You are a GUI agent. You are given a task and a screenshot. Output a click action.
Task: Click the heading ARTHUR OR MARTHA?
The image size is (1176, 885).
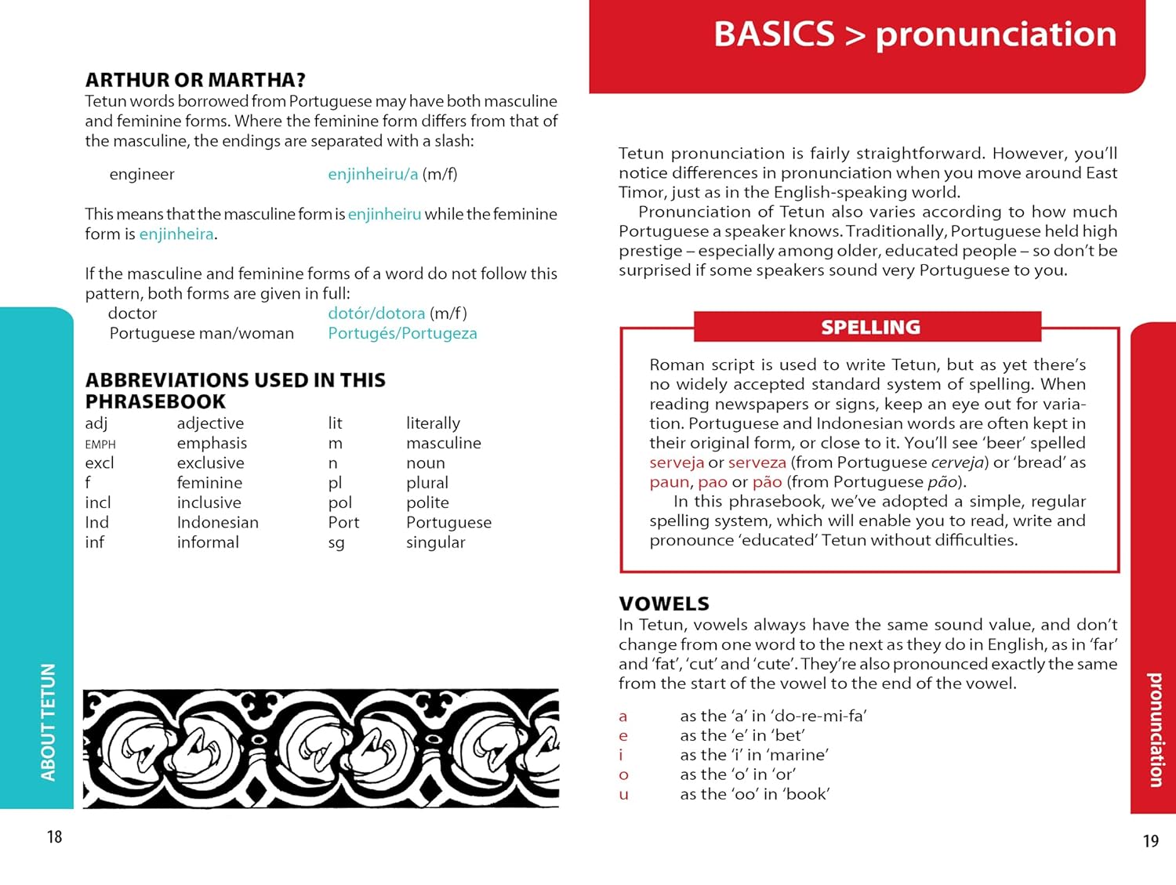pyautogui.click(x=195, y=80)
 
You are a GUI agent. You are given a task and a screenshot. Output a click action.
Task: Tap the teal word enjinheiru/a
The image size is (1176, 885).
pyautogui.click(x=372, y=174)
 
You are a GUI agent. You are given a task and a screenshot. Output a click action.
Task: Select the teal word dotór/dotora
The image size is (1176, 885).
pyautogui.click(x=376, y=314)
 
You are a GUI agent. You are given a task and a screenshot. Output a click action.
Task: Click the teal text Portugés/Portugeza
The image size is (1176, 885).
pyautogui.click(x=402, y=333)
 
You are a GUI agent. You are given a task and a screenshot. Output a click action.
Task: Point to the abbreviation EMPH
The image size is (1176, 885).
pyautogui.click(x=100, y=444)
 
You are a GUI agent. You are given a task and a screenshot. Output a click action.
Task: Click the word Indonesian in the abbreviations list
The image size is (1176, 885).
pyautogui.click(x=217, y=522)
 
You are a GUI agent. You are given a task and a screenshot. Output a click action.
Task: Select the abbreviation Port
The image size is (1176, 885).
pyautogui.click(x=343, y=522)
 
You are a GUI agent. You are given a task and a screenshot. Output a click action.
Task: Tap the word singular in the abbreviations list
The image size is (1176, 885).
pyautogui.click(x=435, y=542)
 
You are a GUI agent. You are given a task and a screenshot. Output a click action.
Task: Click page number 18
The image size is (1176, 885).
pyautogui.click(x=54, y=836)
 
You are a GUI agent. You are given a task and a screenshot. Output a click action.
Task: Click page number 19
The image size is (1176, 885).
pyautogui.click(x=1150, y=841)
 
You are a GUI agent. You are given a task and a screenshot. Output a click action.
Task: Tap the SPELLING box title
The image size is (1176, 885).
pyautogui.click(x=870, y=327)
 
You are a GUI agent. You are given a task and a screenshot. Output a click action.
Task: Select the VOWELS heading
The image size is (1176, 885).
pyautogui.click(x=663, y=604)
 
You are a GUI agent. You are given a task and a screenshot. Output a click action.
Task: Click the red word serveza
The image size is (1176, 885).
pyautogui.click(x=757, y=462)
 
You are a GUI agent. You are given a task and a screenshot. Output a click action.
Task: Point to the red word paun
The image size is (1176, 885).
pyautogui.click(x=669, y=482)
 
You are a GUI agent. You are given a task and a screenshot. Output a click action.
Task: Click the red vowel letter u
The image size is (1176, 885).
pyautogui.click(x=623, y=794)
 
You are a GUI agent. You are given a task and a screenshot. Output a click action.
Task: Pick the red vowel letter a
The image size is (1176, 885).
pyautogui.click(x=622, y=716)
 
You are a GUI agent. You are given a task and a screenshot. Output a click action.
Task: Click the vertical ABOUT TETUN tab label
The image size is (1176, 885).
pyautogui.click(x=48, y=722)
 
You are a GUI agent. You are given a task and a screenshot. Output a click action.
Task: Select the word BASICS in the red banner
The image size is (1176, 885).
pyautogui.click(x=774, y=34)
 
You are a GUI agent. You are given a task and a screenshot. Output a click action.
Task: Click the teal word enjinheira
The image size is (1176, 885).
pyautogui.click(x=176, y=234)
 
